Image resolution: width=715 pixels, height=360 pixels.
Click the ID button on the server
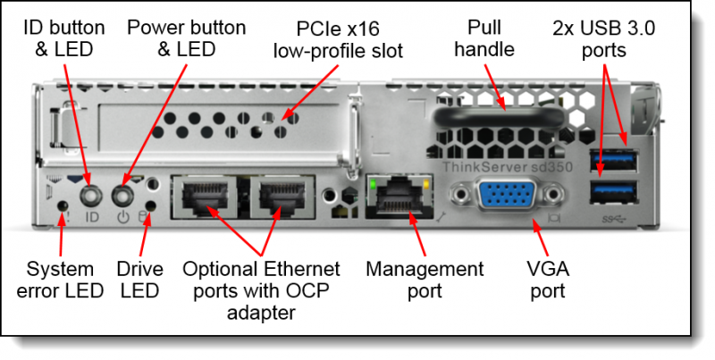[x=89, y=194]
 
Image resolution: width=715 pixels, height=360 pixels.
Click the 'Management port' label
[x=425, y=279]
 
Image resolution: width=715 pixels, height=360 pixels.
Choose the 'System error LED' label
[x=59, y=279]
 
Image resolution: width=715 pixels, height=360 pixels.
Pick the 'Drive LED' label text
[x=139, y=279]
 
